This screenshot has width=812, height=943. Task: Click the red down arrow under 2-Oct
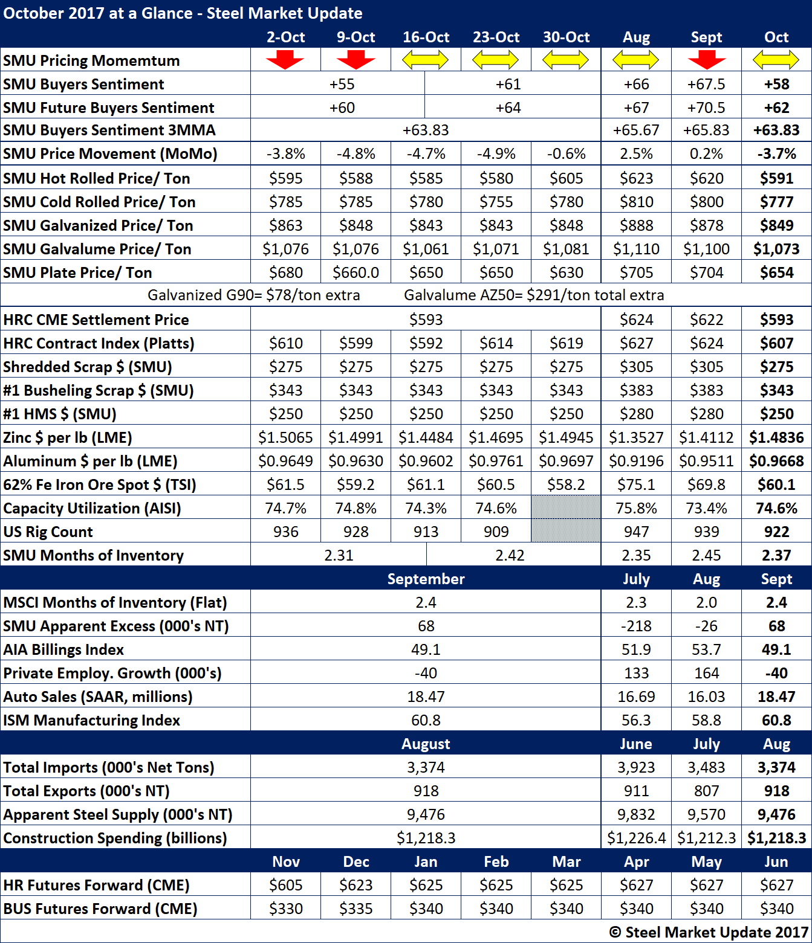click(x=285, y=60)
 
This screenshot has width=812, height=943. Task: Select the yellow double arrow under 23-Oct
click(x=496, y=60)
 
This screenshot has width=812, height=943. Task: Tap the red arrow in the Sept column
click(x=706, y=60)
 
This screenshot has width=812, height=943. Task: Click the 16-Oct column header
click(x=426, y=37)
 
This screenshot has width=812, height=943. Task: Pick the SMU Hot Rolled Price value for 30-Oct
click(x=566, y=178)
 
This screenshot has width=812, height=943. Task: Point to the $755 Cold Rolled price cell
click(x=496, y=202)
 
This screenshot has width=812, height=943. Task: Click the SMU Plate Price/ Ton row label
click(x=77, y=272)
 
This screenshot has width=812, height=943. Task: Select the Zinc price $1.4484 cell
click(x=426, y=437)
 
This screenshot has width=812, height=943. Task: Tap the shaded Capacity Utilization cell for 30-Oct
click(x=566, y=508)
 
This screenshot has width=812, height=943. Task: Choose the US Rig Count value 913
click(x=426, y=532)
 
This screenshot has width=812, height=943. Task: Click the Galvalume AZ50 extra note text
click(x=534, y=295)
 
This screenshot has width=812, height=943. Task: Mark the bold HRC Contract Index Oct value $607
click(x=776, y=343)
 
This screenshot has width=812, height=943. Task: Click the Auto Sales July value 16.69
click(x=636, y=697)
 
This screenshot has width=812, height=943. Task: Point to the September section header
click(x=426, y=579)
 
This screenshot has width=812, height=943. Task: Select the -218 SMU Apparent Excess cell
click(x=636, y=626)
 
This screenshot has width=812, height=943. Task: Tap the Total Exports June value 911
click(x=636, y=791)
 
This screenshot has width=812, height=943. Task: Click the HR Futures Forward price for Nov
click(x=285, y=885)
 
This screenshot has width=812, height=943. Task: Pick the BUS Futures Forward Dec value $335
click(x=356, y=909)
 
